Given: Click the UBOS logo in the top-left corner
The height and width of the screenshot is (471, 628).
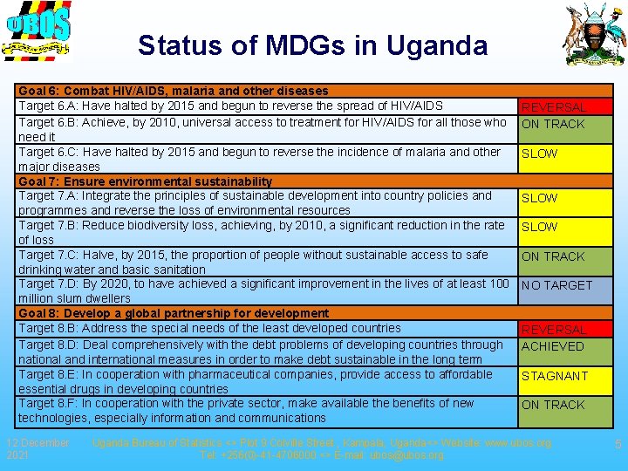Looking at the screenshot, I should click(37, 32).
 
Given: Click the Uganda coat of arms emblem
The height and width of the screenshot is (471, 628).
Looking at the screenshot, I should click(595, 35).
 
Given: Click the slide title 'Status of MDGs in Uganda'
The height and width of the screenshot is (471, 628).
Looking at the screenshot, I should click(312, 44).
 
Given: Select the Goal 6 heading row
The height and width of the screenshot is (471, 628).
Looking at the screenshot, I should click(174, 91).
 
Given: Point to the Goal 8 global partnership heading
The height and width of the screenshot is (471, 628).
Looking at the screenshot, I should click(174, 313).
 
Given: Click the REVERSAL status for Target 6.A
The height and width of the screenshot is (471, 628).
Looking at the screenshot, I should click(553, 106).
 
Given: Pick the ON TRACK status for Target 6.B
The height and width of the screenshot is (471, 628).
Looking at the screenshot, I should click(553, 124).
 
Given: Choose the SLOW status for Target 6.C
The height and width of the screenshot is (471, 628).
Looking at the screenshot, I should click(539, 154).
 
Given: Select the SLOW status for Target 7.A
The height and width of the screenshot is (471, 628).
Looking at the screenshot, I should click(539, 198).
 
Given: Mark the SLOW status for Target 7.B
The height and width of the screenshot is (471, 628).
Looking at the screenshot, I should click(539, 227).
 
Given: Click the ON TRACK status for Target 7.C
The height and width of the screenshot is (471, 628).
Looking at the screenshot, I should click(553, 256).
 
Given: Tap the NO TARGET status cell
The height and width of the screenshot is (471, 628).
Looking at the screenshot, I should click(556, 285).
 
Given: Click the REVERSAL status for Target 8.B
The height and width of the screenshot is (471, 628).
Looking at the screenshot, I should click(553, 330).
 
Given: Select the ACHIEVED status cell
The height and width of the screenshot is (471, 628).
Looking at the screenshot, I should click(553, 346).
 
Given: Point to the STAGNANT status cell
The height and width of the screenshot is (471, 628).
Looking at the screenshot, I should click(555, 376).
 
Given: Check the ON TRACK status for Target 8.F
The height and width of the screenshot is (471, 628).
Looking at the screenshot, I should click(553, 405).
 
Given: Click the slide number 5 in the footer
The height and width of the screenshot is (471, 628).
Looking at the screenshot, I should click(618, 445).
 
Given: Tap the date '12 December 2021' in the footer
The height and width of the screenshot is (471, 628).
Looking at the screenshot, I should click(38, 448).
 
